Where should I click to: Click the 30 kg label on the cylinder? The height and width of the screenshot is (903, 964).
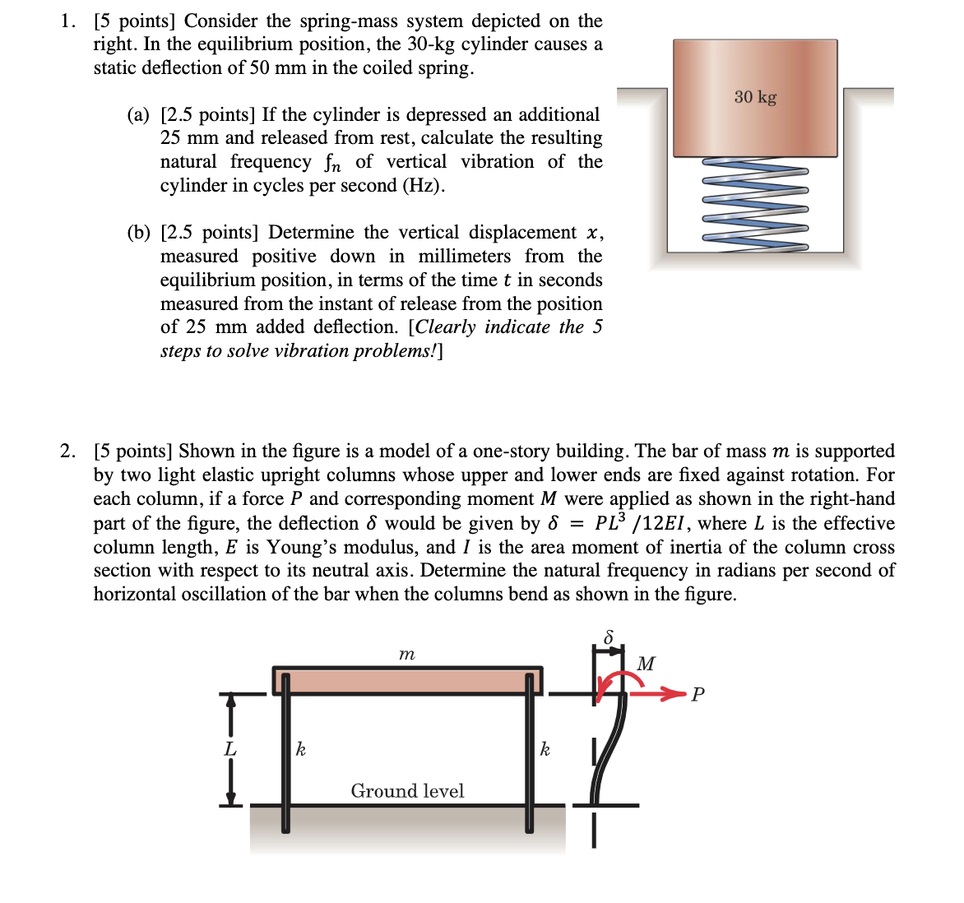click(755, 97)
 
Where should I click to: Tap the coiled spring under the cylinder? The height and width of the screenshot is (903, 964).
click(755, 202)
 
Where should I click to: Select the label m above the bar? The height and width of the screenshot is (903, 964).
click(406, 655)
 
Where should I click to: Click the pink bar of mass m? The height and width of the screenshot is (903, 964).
click(406, 681)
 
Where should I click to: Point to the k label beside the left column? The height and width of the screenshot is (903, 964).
click(301, 748)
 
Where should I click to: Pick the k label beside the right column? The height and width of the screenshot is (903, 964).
click(545, 748)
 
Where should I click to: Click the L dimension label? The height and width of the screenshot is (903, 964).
click(230, 749)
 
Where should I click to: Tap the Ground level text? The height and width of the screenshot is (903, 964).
click(407, 791)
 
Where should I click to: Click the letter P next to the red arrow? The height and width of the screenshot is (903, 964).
click(698, 695)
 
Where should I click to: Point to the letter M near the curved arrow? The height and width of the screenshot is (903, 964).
click(647, 664)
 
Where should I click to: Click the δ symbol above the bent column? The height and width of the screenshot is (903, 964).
click(609, 637)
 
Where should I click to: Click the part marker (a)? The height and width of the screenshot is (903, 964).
click(138, 115)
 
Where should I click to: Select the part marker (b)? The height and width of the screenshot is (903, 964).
click(138, 233)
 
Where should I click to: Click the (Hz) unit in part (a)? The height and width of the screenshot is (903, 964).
click(424, 186)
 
